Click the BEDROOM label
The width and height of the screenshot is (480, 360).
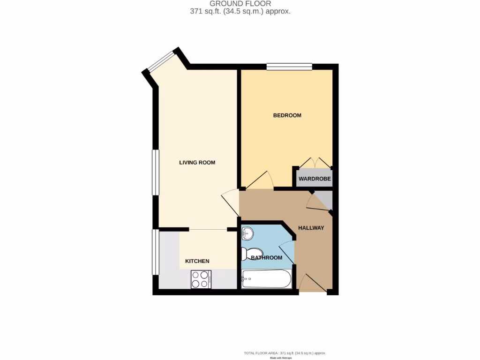pos(287,115)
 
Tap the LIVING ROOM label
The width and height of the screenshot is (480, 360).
pos(197,163)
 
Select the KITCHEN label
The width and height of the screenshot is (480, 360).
pos(197,261)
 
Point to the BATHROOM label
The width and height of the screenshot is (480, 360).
pos(266,258)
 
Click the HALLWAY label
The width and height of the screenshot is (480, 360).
pos(311,228)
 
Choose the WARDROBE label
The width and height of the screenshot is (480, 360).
pos(315,179)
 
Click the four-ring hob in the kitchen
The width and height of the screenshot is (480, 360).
pos(201,279)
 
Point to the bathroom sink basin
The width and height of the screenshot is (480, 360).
pos(247,233)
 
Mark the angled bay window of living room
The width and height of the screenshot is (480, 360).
pos(160,61)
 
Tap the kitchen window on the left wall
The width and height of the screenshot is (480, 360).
pos(155,252)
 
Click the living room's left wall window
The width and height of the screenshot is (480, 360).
pos(155,172)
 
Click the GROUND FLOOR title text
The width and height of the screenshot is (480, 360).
pos(240,4)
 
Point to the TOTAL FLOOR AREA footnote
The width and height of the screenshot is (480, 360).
pos(285,353)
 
